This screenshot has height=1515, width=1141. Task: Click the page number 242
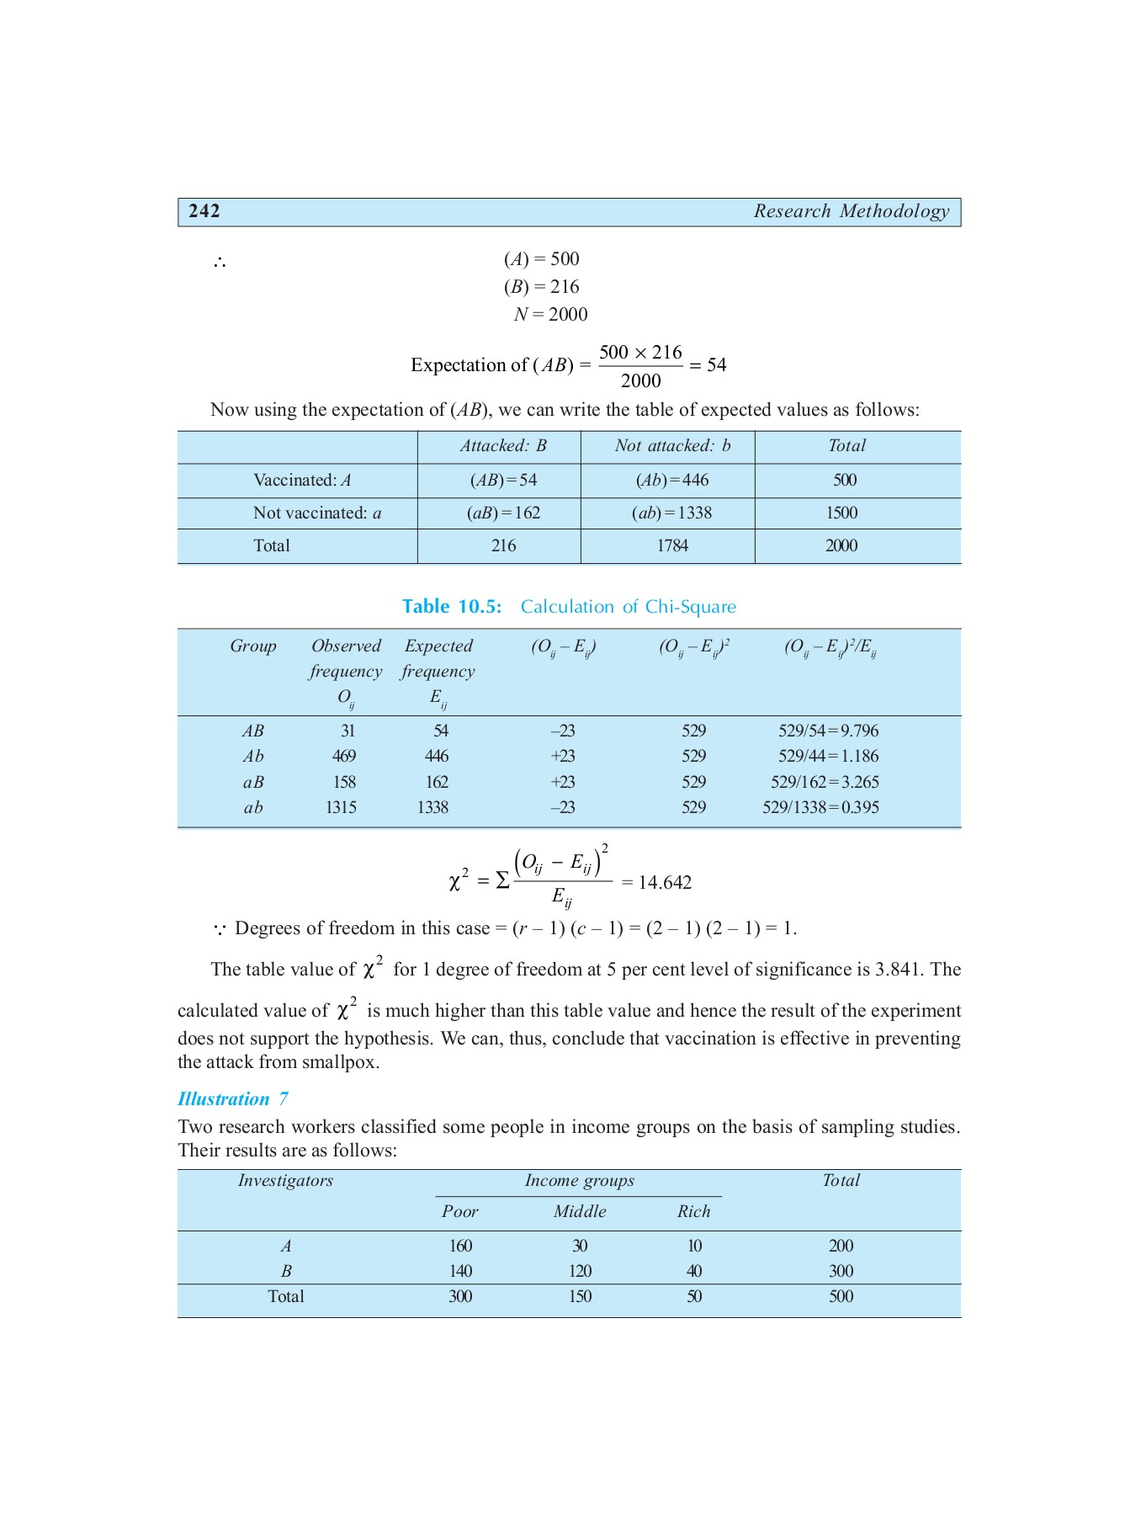[204, 211]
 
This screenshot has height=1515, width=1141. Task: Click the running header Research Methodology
[851, 211]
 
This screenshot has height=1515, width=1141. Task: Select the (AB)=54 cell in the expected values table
[503, 480]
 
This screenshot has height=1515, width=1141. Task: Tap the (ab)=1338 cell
[671, 513]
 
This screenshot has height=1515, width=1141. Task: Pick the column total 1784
[672, 545]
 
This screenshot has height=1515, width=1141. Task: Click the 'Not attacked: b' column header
[672, 446]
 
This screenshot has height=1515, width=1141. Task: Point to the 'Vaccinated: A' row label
[302, 480]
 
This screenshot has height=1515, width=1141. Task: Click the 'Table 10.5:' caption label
[452, 607]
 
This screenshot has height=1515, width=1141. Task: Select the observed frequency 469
[343, 756]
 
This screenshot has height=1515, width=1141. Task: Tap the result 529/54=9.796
[828, 731]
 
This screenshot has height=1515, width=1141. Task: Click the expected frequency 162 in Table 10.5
[437, 782]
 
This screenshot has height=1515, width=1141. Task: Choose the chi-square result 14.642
[665, 882]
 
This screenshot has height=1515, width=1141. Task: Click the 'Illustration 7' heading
[233, 1099]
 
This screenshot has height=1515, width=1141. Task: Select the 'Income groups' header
[579, 1181]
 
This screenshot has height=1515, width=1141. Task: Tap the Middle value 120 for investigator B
[580, 1271]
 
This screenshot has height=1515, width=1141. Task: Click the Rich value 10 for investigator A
[694, 1246]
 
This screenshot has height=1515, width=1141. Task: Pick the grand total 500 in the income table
[841, 1296]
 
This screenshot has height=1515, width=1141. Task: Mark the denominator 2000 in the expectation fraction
[640, 381]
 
